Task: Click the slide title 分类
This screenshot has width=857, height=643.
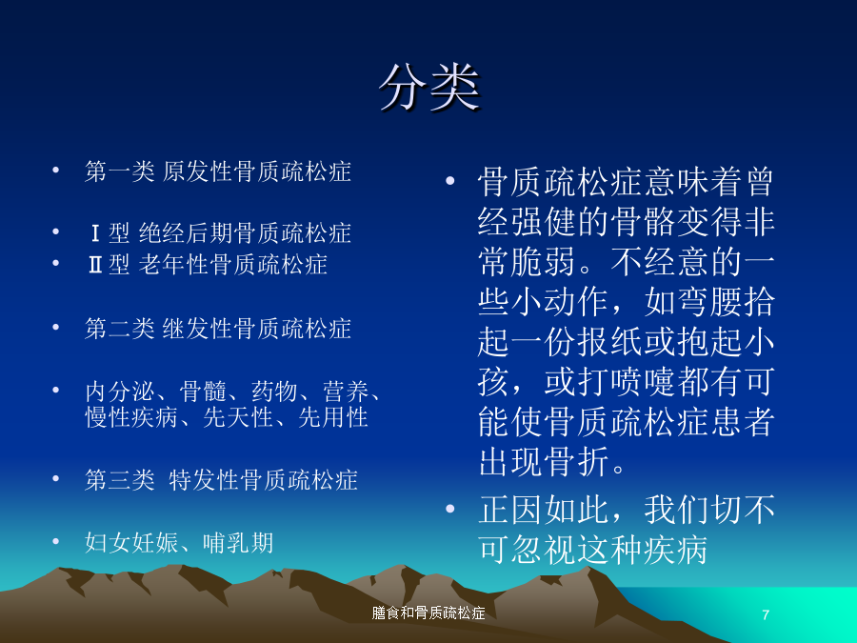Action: click(429, 88)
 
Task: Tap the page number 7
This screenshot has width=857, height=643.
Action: click(766, 614)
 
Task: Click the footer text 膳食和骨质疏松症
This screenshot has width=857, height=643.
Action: click(428, 613)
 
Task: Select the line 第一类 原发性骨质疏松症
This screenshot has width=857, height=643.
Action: click(217, 171)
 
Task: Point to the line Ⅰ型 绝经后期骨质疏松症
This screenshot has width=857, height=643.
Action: click(219, 233)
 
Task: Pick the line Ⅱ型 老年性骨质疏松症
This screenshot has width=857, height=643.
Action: click(208, 265)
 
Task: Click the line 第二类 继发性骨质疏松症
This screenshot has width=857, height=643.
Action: click(217, 328)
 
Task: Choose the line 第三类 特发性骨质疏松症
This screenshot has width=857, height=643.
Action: click(221, 479)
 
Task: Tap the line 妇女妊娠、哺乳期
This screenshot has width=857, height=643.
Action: click(179, 542)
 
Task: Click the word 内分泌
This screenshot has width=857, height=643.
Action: click(120, 392)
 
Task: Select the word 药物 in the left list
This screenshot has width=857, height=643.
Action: click(275, 392)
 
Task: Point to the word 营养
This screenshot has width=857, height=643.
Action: click(347, 392)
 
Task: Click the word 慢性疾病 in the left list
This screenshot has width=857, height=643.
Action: click(131, 417)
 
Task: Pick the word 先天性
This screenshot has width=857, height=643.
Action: click(238, 417)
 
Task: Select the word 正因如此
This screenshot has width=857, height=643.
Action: click(544, 509)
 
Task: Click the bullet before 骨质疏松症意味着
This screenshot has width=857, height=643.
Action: click(449, 181)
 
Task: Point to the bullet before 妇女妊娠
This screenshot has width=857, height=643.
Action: click(55, 542)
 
